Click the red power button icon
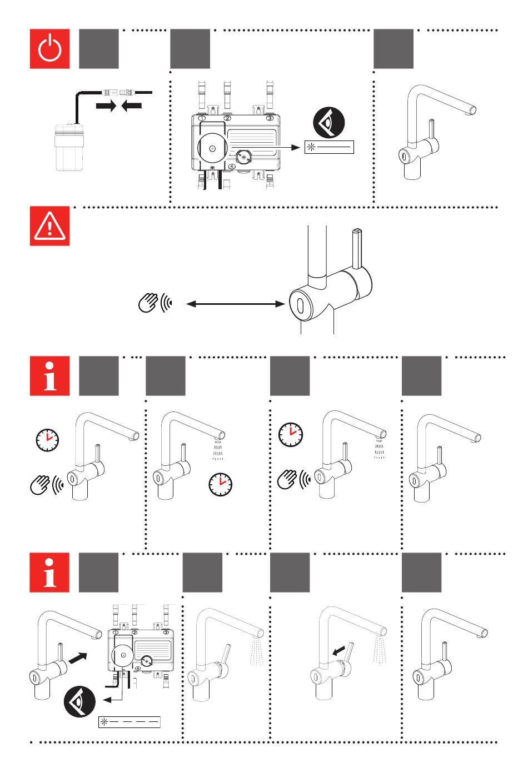(x=50, y=49)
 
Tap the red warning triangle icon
(x=50, y=225)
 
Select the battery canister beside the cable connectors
(x=69, y=146)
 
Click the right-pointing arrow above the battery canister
(x=105, y=106)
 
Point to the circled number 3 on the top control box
(x=270, y=118)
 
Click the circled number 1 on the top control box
(x=202, y=118)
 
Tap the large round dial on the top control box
(x=212, y=148)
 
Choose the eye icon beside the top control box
(x=329, y=123)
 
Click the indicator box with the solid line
(x=329, y=147)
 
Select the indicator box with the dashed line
(x=129, y=722)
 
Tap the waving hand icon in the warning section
(x=148, y=303)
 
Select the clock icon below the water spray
(x=221, y=484)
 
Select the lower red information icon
(x=50, y=573)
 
